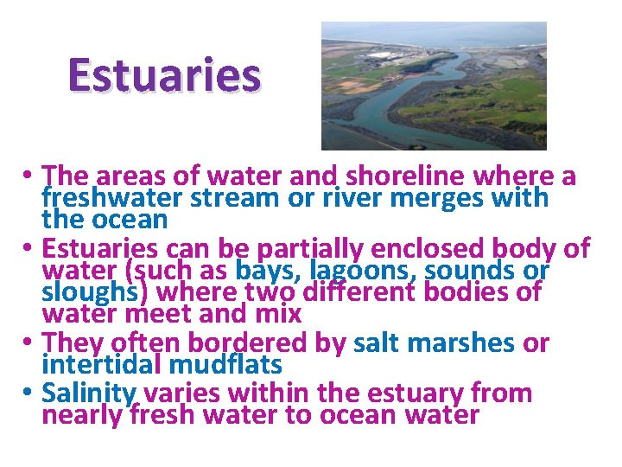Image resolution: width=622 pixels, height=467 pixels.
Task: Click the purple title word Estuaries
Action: [x=164, y=75]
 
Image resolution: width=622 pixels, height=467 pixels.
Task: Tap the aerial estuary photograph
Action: [x=434, y=86]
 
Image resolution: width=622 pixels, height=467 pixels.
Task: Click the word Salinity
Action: [x=89, y=393]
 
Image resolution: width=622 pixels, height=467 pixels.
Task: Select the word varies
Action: [x=179, y=393]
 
